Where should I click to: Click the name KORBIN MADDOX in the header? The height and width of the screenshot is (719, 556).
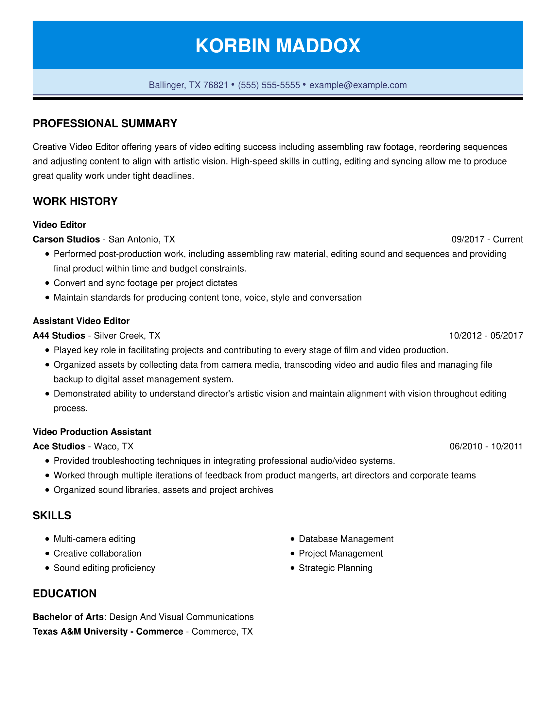click(x=278, y=45)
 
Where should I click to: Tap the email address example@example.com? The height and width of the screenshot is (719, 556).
click(x=358, y=85)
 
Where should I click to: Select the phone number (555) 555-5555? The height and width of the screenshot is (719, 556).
click(x=269, y=85)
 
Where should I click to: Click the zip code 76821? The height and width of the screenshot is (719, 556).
click(x=216, y=85)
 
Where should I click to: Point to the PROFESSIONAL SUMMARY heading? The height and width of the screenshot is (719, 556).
click(x=105, y=124)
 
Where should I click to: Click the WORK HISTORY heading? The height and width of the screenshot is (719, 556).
click(x=75, y=201)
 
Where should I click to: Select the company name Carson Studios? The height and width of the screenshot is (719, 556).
click(x=66, y=239)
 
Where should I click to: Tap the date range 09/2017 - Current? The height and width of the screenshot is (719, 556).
click(x=487, y=239)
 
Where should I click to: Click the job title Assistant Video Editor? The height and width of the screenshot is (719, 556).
click(x=81, y=321)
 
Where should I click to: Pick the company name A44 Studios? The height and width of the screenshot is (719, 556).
click(x=59, y=335)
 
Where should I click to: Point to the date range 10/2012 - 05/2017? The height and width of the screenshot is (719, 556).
click(x=486, y=335)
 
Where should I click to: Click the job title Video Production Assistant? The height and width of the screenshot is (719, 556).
click(x=92, y=432)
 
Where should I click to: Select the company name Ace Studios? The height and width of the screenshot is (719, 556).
click(x=59, y=446)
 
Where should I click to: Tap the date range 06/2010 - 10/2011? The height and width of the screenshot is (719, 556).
click(x=486, y=446)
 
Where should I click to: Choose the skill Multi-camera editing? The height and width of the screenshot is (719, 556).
click(x=94, y=539)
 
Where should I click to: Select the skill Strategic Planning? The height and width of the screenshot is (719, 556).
click(x=335, y=568)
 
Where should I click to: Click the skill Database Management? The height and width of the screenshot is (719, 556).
click(x=346, y=539)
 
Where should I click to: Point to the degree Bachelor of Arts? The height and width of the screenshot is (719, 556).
click(x=68, y=617)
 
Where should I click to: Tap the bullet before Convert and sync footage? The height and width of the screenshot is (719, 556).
click(x=47, y=283)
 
